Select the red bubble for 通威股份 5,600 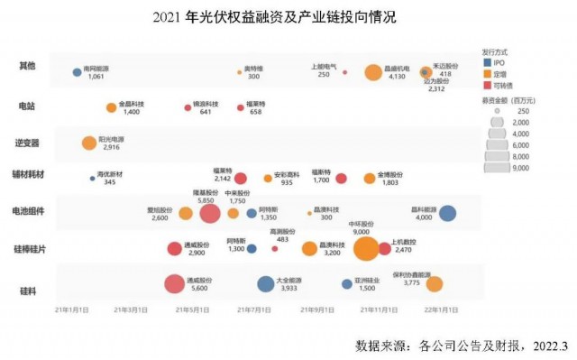175,284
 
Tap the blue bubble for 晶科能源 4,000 447,213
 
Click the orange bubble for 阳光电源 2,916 89,143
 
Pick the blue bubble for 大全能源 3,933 265,284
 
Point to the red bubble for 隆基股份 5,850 210,213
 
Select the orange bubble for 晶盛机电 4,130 373,72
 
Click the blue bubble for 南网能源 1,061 77,72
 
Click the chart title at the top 288,17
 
